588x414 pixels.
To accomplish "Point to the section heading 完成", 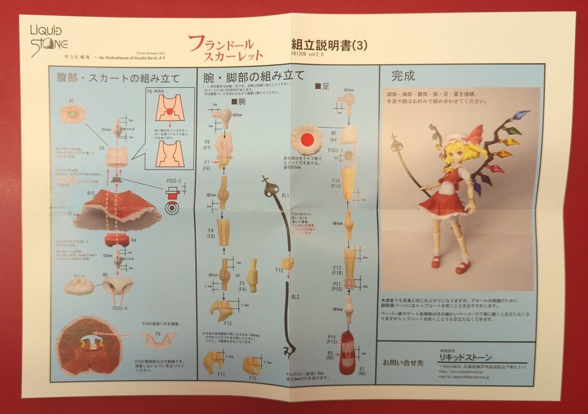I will (403, 76).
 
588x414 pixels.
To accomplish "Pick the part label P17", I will (68, 213).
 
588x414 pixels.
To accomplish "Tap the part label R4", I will (133, 240).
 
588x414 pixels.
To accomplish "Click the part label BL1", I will (285, 195).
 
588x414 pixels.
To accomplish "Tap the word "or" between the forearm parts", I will (237, 274).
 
